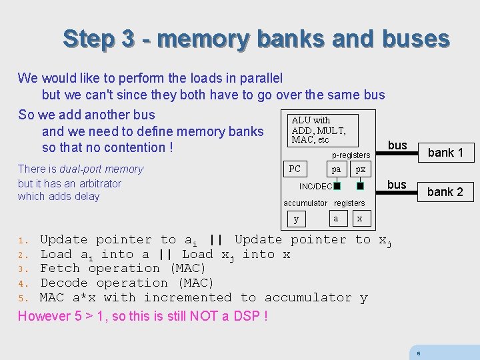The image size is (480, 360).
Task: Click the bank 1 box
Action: click(x=445, y=153)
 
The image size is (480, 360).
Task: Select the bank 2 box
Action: click(x=445, y=192)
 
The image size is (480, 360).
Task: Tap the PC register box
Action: click(x=295, y=169)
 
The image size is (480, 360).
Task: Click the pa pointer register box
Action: click(x=337, y=169)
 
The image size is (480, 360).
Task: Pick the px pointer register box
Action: click(x=361, y=169)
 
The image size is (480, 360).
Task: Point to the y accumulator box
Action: click(x=297, y=219)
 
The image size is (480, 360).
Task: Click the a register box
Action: click(x=336, y=219)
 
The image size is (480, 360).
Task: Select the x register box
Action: click(x=360, y=219)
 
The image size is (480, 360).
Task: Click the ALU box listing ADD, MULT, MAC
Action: click(x=318, y=130)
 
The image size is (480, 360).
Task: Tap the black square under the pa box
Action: click(x=337, y=186)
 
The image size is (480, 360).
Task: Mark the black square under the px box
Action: click(x=361, y=186)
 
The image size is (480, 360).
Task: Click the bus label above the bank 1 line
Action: click(x=397, y=145)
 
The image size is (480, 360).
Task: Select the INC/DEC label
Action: click(x=315, y=187)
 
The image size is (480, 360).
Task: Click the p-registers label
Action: click(x=351, y=155)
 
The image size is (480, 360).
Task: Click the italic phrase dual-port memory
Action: click(x=101, y=169)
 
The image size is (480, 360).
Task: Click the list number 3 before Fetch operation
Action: click(x=21, y=269)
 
